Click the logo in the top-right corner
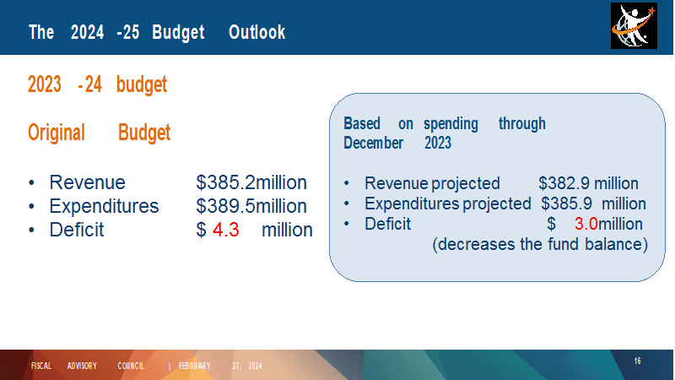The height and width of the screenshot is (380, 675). (634, 26)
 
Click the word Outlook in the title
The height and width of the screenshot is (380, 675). (257, 32)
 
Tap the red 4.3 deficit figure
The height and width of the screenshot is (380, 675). (225, 230)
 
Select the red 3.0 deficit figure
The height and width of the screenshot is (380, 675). (586, 224)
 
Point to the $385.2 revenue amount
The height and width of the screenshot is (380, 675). (226, 182)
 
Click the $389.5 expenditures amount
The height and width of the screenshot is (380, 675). (226, 206)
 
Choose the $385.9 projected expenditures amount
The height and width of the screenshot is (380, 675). (566, 204)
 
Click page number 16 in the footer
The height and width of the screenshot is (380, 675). (638, 361)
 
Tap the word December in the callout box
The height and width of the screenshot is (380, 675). (373, 143)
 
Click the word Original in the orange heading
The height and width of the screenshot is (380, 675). (57, 133)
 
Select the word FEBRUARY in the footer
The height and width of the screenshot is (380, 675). (195, 366)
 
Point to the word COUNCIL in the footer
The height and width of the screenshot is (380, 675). (131, 366)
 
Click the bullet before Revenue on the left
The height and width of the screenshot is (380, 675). (31, 183)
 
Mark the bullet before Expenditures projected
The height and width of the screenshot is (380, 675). (347, 204)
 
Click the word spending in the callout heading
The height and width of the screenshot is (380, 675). (451, 124)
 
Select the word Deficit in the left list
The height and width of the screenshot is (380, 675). (77, 230)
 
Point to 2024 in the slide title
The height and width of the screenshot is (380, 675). (88, 32)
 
